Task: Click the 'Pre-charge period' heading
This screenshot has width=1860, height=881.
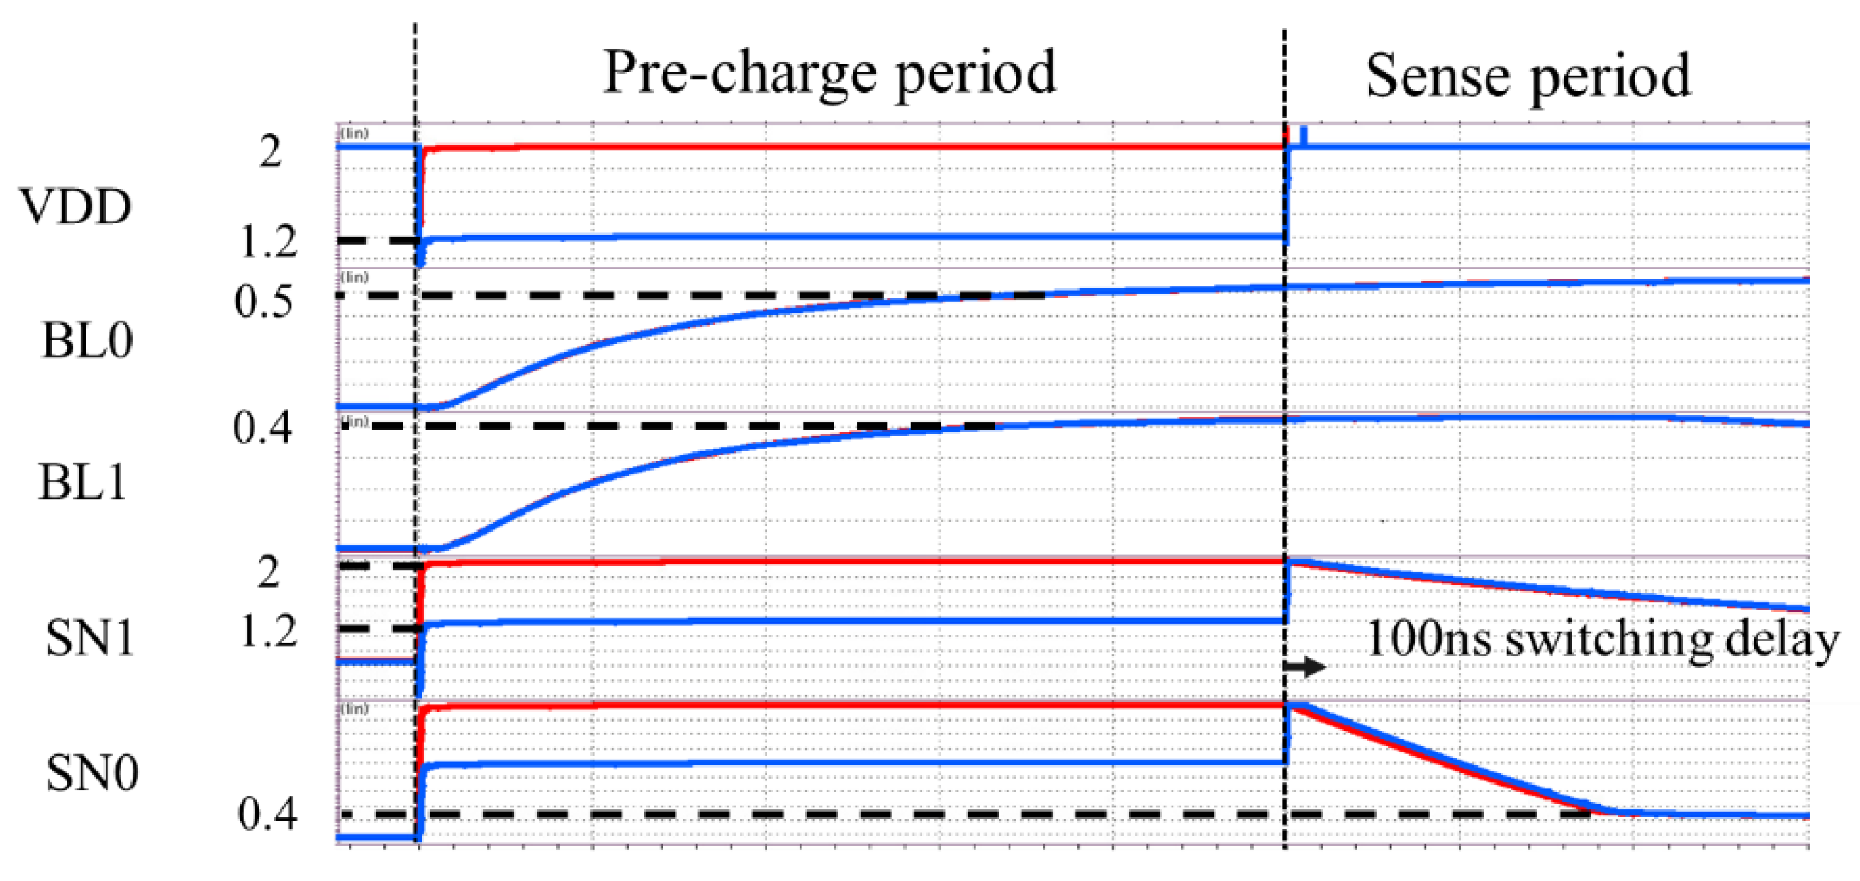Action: (x=829, y=74)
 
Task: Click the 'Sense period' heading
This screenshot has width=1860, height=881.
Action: (x=1527, y=77)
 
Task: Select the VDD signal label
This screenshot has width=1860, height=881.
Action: (x=75, y=207)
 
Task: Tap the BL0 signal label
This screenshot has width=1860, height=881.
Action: (x=86, y=341)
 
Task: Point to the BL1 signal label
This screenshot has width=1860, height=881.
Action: (x=82, y=483)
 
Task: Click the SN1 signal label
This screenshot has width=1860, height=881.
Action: (x=89, y=639)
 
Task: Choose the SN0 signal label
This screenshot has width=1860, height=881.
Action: (x=91, y=773)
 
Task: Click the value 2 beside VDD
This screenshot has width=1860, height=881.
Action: (x=270, y=152)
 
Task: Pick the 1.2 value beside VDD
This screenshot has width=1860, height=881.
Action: (x=268, y=242)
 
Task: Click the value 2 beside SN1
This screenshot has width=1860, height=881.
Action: (x=268, y=573)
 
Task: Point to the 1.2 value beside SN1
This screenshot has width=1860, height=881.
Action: (x=268, y=634)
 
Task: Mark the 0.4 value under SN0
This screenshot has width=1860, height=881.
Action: (x=267, y=814)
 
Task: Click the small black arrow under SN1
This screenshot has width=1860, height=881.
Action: (x=1305, y=666)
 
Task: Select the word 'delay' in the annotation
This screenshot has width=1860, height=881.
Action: (x=1781, y=640)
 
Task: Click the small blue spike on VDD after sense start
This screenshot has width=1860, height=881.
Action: (x=1304, y=137)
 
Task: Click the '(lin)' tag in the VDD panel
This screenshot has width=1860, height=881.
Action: (x=354, y=133)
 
